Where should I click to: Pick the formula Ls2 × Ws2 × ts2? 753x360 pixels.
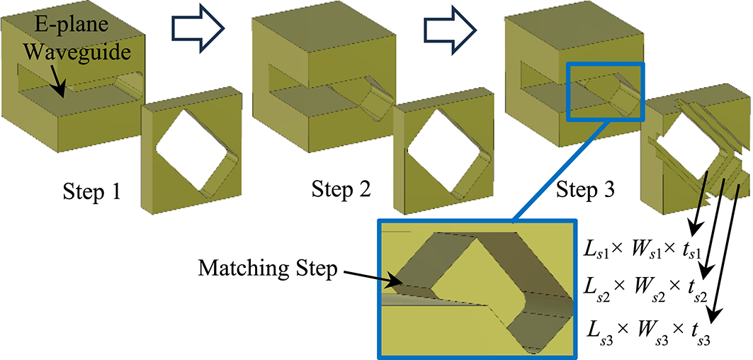click(647, 290)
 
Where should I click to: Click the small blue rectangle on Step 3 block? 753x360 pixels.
click(606, 91)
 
